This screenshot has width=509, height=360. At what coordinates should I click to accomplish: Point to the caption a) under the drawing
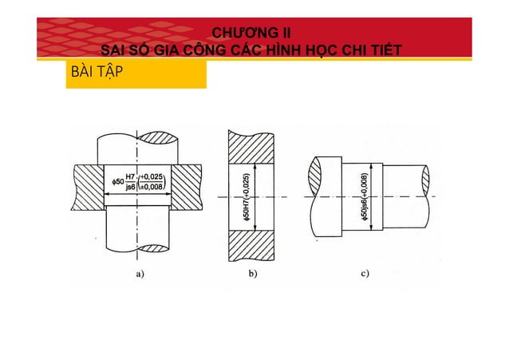pyautogui.click(x=141, y=273)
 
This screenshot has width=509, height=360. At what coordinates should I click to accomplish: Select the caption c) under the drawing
pyautogui.click(x=365, y=273)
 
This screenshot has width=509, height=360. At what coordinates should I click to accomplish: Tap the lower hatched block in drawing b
pyautogui.click(x=251, y=246)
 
